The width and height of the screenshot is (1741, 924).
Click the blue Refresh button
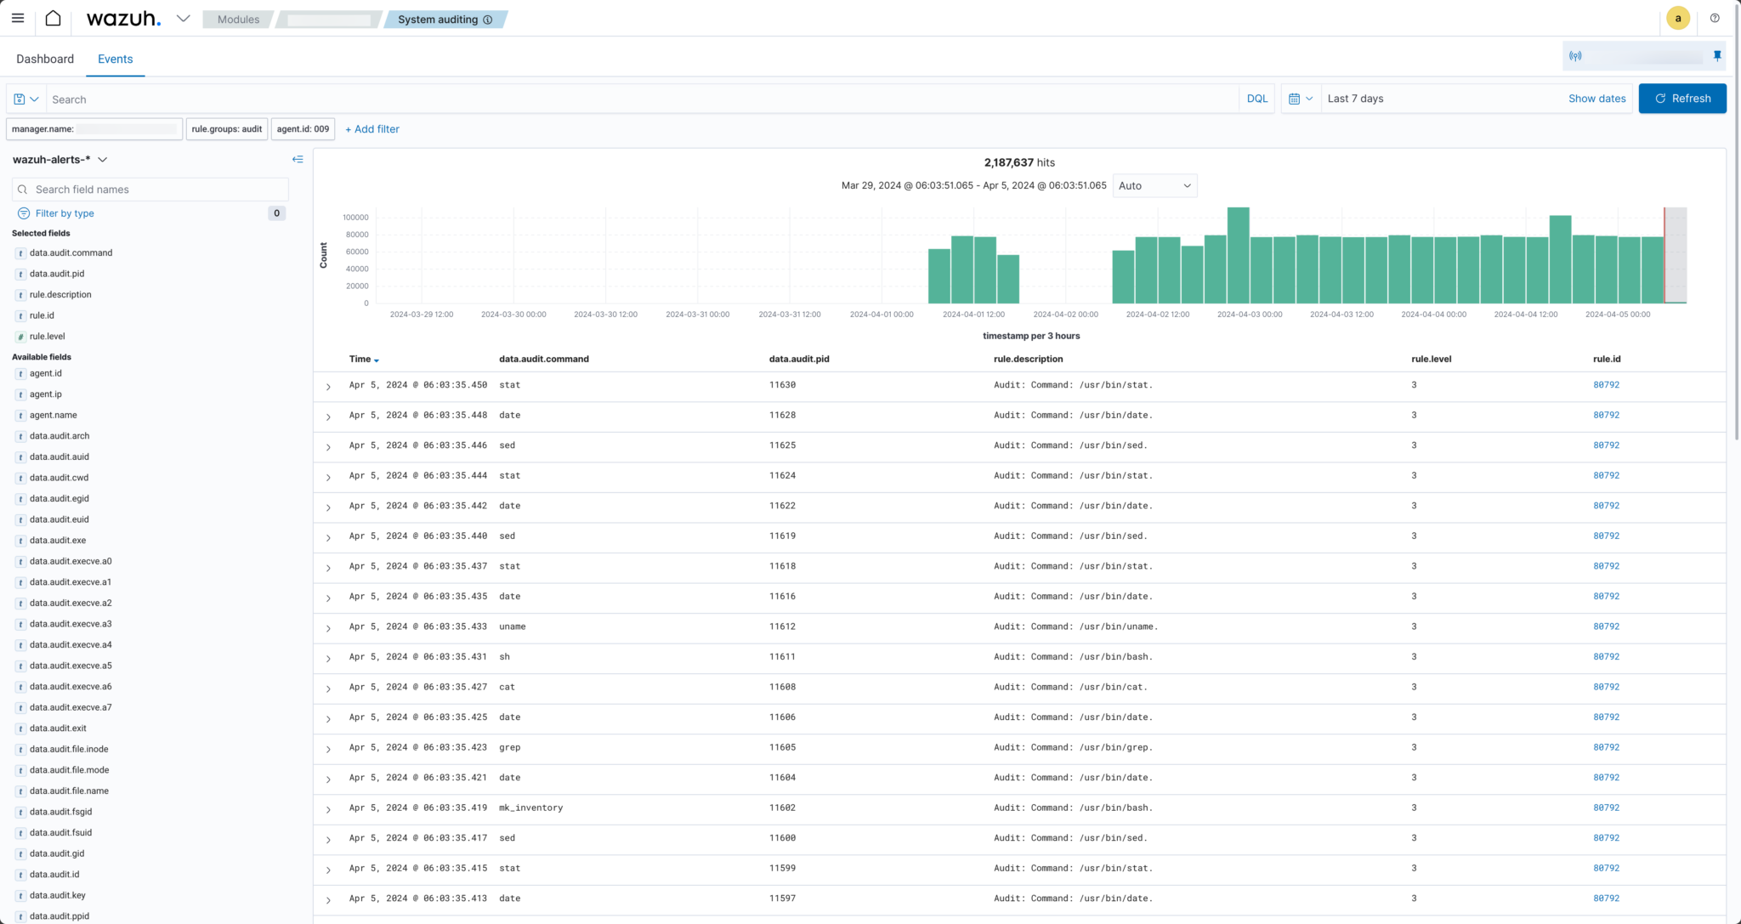(x=1681, y=99)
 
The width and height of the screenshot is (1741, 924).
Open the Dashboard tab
(x=45, y=59)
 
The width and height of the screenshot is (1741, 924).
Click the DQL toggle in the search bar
(x=1256, y=99)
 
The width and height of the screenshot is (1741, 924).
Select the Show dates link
(x=1596, y=99)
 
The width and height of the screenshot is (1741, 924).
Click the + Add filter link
(x=372, y=129)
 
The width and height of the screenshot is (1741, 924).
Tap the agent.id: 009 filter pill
(x=303, y=129)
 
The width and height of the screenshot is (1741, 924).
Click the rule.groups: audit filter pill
(x=226, y=129)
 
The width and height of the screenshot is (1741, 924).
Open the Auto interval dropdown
(x=1154, y=185)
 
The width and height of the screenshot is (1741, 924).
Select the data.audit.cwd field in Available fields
(x=59, y=478)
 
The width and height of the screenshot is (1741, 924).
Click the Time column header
(x=360, y=359)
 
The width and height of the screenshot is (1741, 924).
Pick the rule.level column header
(x=1431, y=359)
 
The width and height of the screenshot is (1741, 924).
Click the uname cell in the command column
(x=513, y=626)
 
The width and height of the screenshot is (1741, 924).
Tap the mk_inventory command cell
(x=530, y=808)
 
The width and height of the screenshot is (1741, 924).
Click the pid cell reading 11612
(x=782, y=626)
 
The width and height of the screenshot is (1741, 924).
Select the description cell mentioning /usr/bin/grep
(x=1073, y=747)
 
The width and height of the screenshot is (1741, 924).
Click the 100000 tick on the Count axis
(x=355, y=218)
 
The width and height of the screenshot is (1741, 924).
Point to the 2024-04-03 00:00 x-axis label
(x=1249, y=315)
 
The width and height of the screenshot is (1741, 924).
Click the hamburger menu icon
(x=18, y=18)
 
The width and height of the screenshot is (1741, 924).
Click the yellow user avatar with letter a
(x=1677, y=18)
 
